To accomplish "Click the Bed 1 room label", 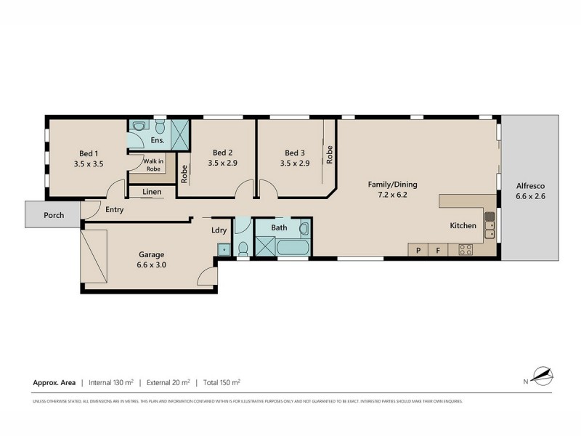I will pyautogui.click(x=88, y=153).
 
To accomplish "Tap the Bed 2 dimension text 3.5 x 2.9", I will pyautogui.click(x=222, y=164).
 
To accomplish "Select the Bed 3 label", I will pyautogui.click(x=293, y=153).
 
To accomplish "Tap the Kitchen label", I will pyautogui.click(x=463, y=227).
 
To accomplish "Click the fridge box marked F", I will pyautogui.click(x=438, y=250).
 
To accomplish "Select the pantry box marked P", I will pyautogui.click(x=418, y=250).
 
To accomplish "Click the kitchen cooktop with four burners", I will pyautogui.click(x=466, y=249).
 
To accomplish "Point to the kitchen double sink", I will pyautogui.click(x=490, y=224).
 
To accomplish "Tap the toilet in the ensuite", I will pyautogui.click(x=137, y=125).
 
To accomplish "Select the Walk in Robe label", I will pyautogui.click(x=153, y=165).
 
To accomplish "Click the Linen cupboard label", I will pyautogui.click(x=152, y=192).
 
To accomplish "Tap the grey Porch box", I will pyautogui.click(x=52, y=215).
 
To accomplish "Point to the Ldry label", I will pyautogui.click(x=219, y=231).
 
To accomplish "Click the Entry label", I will pyautogui.click(x=114, y=209).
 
